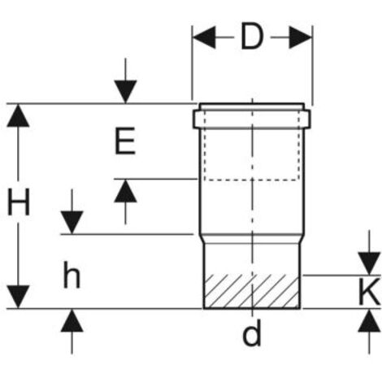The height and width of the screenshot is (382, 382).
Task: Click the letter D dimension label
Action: [252, 37]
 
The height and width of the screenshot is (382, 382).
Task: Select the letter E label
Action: [125, 141]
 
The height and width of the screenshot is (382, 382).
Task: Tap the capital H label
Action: [19, 202]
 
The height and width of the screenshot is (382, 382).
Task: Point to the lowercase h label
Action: [72, 275]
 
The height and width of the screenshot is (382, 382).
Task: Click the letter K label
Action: [370, 292]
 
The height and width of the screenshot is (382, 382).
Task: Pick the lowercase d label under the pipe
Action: [252, 332]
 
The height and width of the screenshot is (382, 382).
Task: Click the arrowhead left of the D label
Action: [204, 37]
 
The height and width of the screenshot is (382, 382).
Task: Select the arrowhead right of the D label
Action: [301, 37]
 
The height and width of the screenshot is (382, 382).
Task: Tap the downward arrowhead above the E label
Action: [125, 92]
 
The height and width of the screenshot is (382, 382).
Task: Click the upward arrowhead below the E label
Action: [125, 191]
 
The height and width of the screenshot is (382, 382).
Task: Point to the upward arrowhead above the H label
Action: [18, 115]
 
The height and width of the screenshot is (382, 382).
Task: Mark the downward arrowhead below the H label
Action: [18, 297]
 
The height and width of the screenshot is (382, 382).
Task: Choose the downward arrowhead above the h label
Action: [72, 222]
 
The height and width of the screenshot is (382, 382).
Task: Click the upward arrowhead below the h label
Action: [72, 321]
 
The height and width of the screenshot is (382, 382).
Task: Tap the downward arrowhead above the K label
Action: [369, 263]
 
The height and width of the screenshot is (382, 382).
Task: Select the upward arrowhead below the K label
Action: [369, 321]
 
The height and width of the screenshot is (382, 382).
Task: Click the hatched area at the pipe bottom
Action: [252, 291]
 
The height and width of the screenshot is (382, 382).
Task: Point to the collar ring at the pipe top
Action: [252, 119]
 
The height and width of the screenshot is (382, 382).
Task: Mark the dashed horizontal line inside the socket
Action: [252, 180]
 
